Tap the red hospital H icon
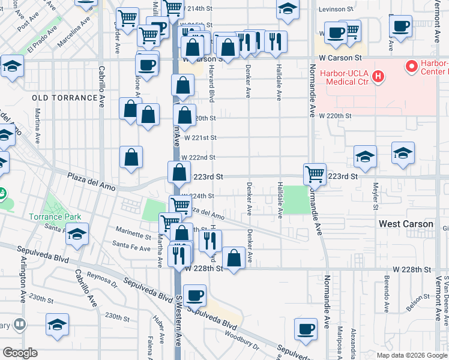click(378, 76)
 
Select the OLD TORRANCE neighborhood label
click(65, 98)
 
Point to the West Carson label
click(406, 224)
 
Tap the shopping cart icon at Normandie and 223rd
click(315, 175)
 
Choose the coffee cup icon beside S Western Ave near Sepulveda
click(194, 296)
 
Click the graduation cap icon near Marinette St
click(77, 234)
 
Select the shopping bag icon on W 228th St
click(234, 258)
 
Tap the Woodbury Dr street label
click(243, 346)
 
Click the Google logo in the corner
click(20, 353)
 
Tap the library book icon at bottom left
click(20, 325)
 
